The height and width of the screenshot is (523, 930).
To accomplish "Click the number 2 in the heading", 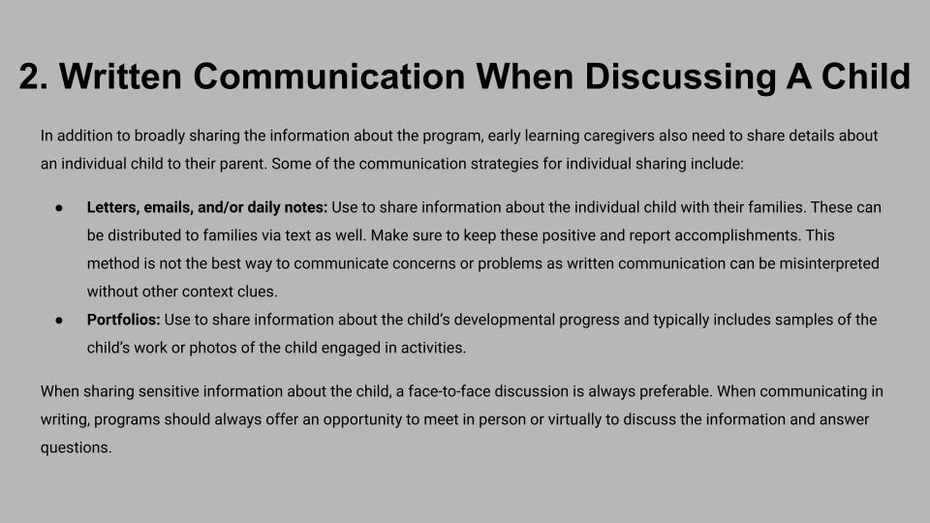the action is click(33, 77).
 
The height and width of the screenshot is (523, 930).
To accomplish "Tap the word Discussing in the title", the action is click(679, 77).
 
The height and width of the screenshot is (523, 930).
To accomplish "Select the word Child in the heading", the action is click(865, 77).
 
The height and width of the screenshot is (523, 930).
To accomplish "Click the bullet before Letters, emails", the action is click(59, 208).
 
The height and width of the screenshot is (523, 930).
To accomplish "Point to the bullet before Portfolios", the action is click(59, 321).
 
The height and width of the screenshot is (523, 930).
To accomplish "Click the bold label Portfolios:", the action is click(123, 320).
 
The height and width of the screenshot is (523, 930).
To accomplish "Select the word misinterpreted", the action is click(829, 263).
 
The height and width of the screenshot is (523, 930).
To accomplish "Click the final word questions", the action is click(76, 448).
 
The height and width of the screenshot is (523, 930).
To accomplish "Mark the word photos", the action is click(210, 348).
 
